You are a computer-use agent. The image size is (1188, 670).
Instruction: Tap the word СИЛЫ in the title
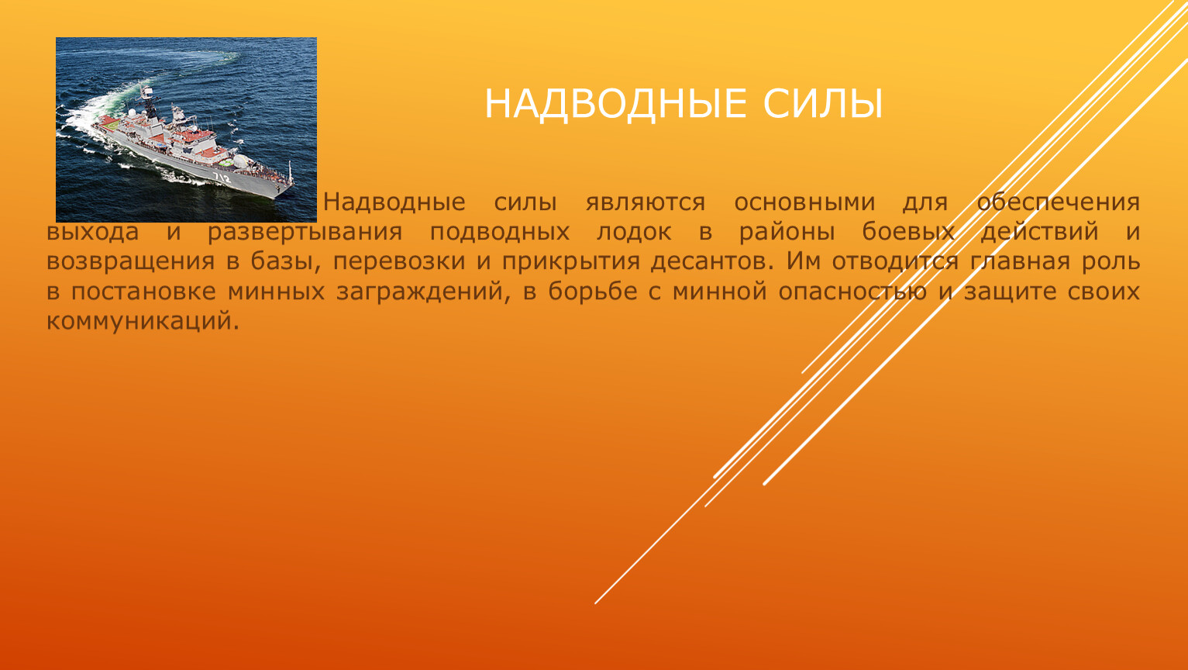click(823, 104)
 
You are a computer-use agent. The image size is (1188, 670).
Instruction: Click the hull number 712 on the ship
click(222, 177)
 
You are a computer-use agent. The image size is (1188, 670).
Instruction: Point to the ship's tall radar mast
click(149, 101)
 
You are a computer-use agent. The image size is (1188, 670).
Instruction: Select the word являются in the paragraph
click(646, 203)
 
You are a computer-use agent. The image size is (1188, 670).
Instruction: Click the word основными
click(804, 202)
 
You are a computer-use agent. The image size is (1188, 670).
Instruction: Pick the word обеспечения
click(1058, 202)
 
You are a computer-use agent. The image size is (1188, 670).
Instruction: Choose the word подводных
click(500, 233)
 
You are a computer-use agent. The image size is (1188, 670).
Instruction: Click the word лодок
click(634, 233)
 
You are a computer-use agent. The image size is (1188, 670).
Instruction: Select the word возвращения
click(130, 262)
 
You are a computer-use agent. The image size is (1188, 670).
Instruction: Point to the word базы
click(286, 261)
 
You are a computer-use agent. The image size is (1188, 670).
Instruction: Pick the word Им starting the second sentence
click(803, 261)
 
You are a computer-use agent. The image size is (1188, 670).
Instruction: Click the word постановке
click(143, 292)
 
